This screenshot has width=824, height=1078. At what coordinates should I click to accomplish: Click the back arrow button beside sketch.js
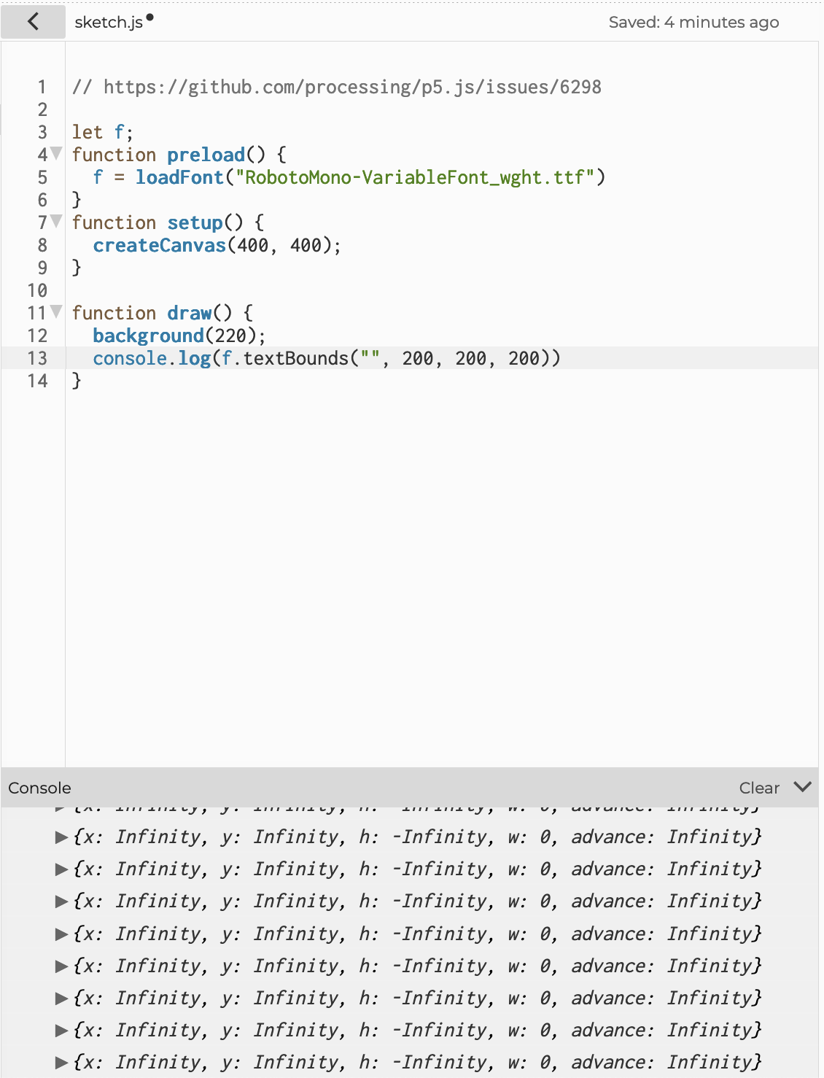click(x=33, y=22)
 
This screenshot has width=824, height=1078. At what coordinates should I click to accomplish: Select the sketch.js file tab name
click(x=109, y=23)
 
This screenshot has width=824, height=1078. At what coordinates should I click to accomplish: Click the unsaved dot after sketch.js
click(x=150, y=18)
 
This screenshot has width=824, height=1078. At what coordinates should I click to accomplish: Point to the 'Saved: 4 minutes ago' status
click(x=693, y=23)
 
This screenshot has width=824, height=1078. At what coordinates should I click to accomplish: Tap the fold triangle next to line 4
click(x=56, y=153)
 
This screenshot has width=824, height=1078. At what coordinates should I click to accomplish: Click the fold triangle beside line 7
click(x=56, y=221)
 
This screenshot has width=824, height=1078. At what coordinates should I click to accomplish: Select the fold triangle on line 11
click(x=56, y=311)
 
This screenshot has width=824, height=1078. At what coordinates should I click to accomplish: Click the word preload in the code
click(x=206, y=155)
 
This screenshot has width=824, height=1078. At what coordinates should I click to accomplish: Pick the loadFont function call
click(x=179, y=177)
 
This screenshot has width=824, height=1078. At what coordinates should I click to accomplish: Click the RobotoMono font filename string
click(x=415, y=177)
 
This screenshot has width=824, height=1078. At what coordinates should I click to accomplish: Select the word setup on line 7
click(x=195, y=222)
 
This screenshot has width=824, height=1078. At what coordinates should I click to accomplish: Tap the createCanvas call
click(x=159, y=245)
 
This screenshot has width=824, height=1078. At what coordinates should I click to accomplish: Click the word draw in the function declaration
click(x=189, y=313)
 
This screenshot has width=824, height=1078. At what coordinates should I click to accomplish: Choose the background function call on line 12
click(x=148, y=336)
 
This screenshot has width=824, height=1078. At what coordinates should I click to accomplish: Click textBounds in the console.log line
click(x=296, y=358)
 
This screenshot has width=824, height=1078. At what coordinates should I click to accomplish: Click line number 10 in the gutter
click(x=37, y=290)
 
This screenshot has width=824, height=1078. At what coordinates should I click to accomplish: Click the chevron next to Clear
click(x=802, y=787)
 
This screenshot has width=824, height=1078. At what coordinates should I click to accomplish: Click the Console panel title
click(x=40, y=788)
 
